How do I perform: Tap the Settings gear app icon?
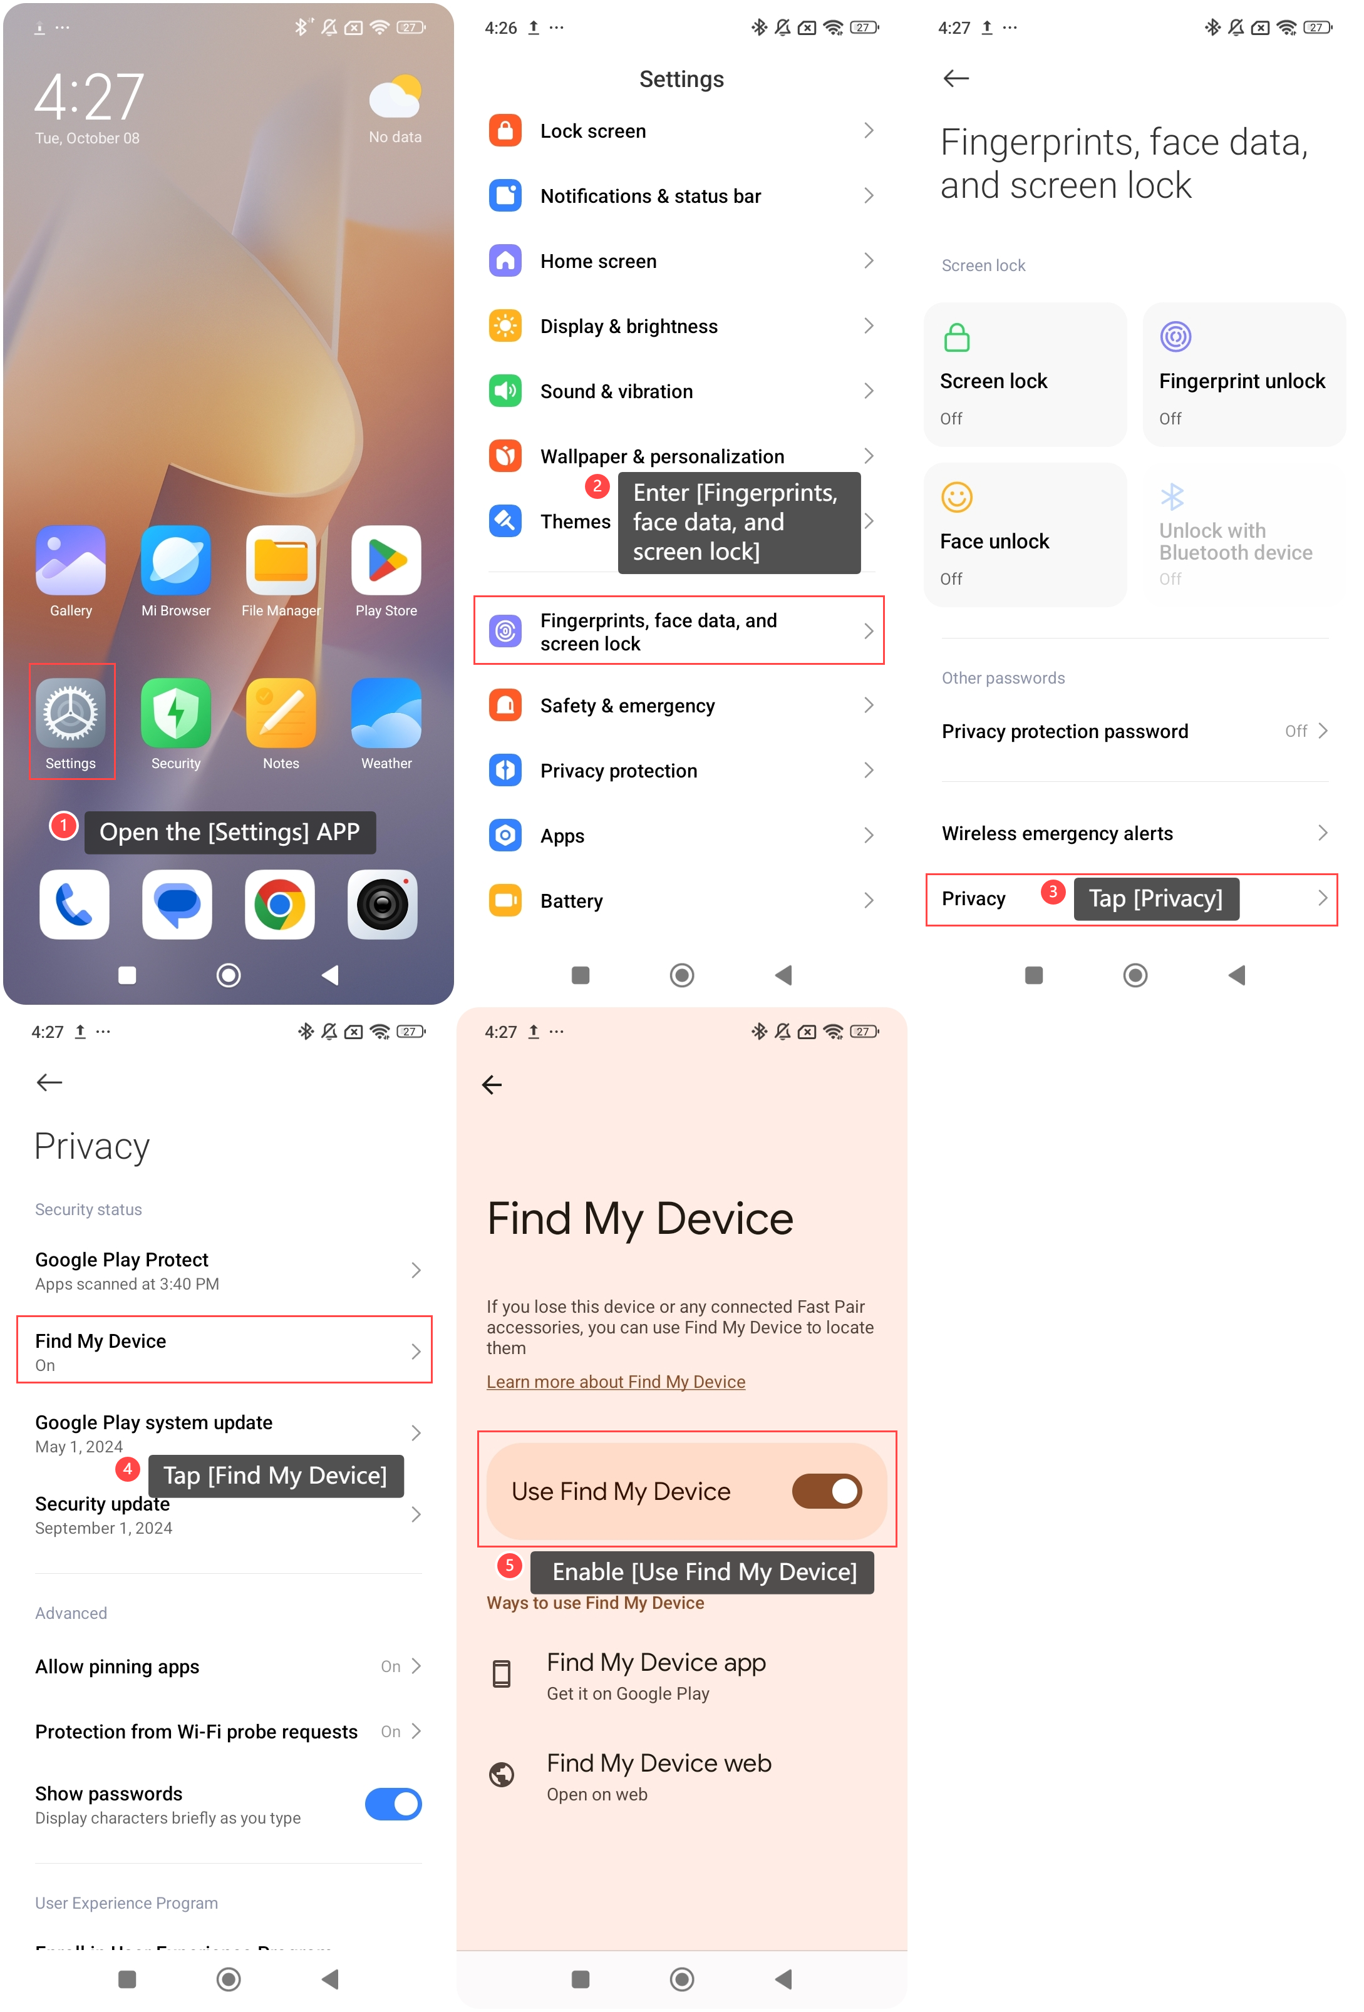coord(70,714)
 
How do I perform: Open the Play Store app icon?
coord(386,561)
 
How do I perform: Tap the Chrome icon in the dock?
coord(280,905)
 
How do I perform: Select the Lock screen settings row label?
coord(593,131)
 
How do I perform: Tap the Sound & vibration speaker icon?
coord(505,391)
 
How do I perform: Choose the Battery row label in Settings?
coord(572,901)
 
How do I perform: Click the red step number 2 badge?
coord(597,486)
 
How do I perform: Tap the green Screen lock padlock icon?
coord(957,337)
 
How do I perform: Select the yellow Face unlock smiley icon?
coord(957,498)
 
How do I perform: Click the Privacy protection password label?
coord(1065,732)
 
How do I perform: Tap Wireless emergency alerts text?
coord(1057,834)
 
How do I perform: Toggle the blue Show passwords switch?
coord(393,1804)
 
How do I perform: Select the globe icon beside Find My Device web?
coord(502,1775)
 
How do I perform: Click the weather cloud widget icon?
coord(396,96)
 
